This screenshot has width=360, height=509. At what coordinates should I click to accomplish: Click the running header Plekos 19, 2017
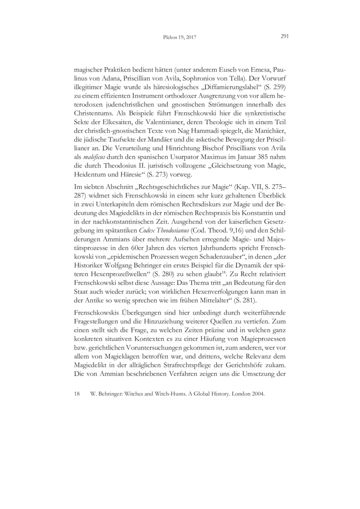(180, 38)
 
